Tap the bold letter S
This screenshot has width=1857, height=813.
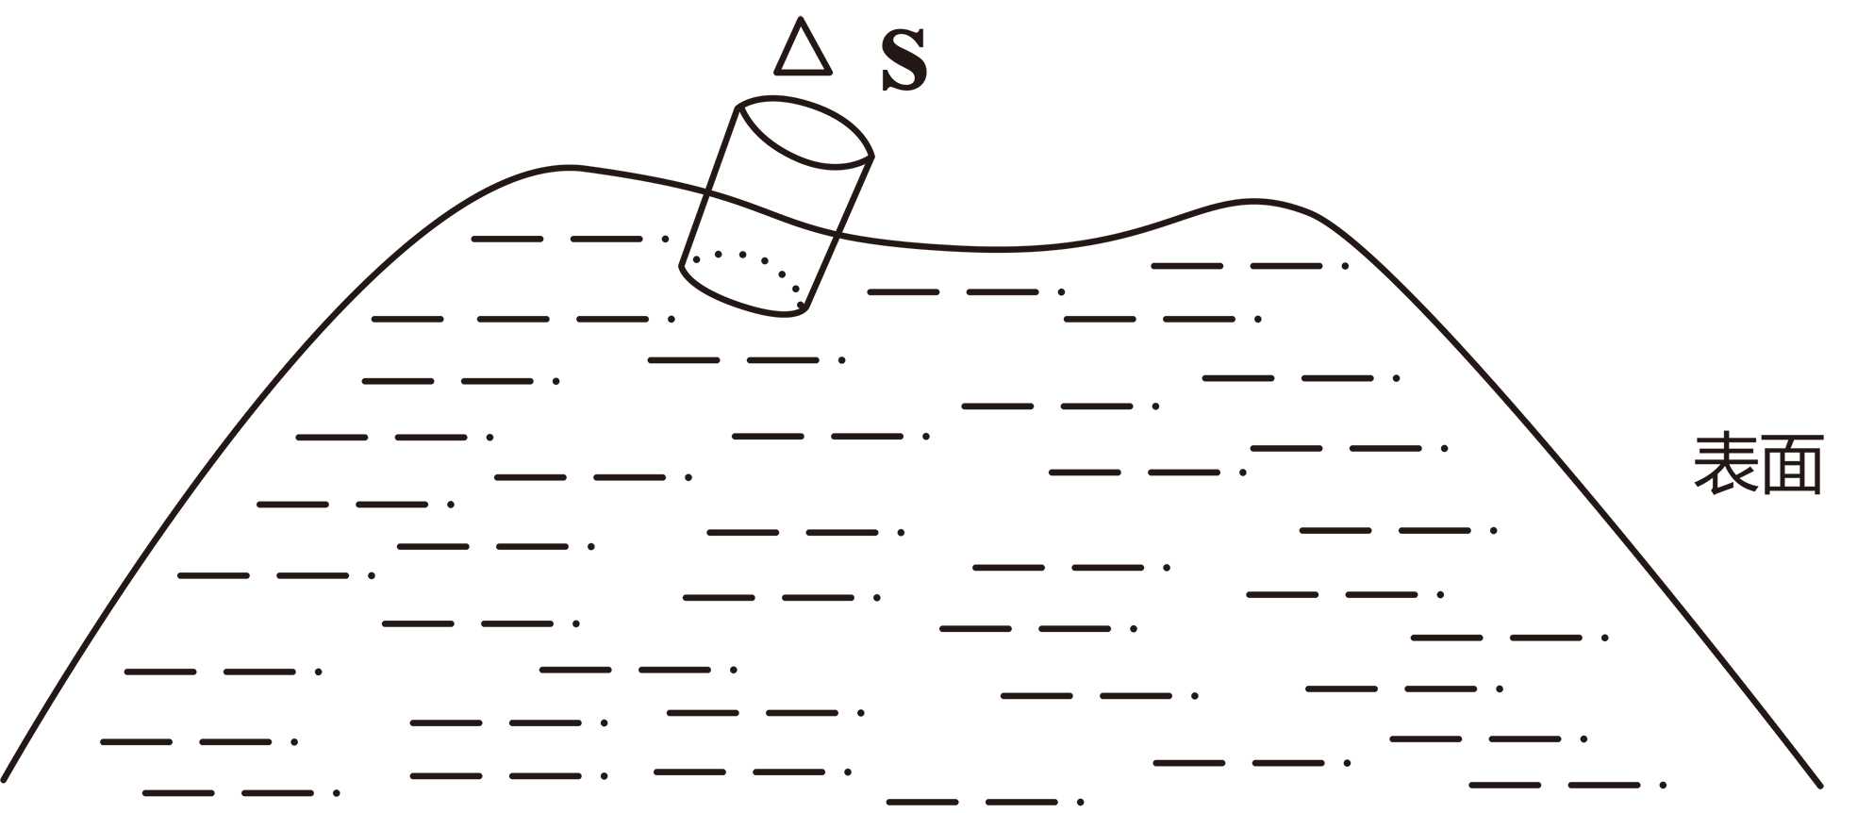(x=904, y=60)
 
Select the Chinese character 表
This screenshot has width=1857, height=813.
(x=1725, y=464)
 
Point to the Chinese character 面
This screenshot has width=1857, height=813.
(x=1791, y=464)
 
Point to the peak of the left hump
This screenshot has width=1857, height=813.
(x=570, y=168)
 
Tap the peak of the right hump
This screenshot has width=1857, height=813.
(x=1252, y=200)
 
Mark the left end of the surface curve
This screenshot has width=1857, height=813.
(x=5, y=781)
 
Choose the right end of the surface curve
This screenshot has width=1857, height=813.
(x=1820, y=785)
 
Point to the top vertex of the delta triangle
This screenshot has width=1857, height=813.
(x=800, y=19)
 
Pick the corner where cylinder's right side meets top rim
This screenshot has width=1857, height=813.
(x=872, y=157)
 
